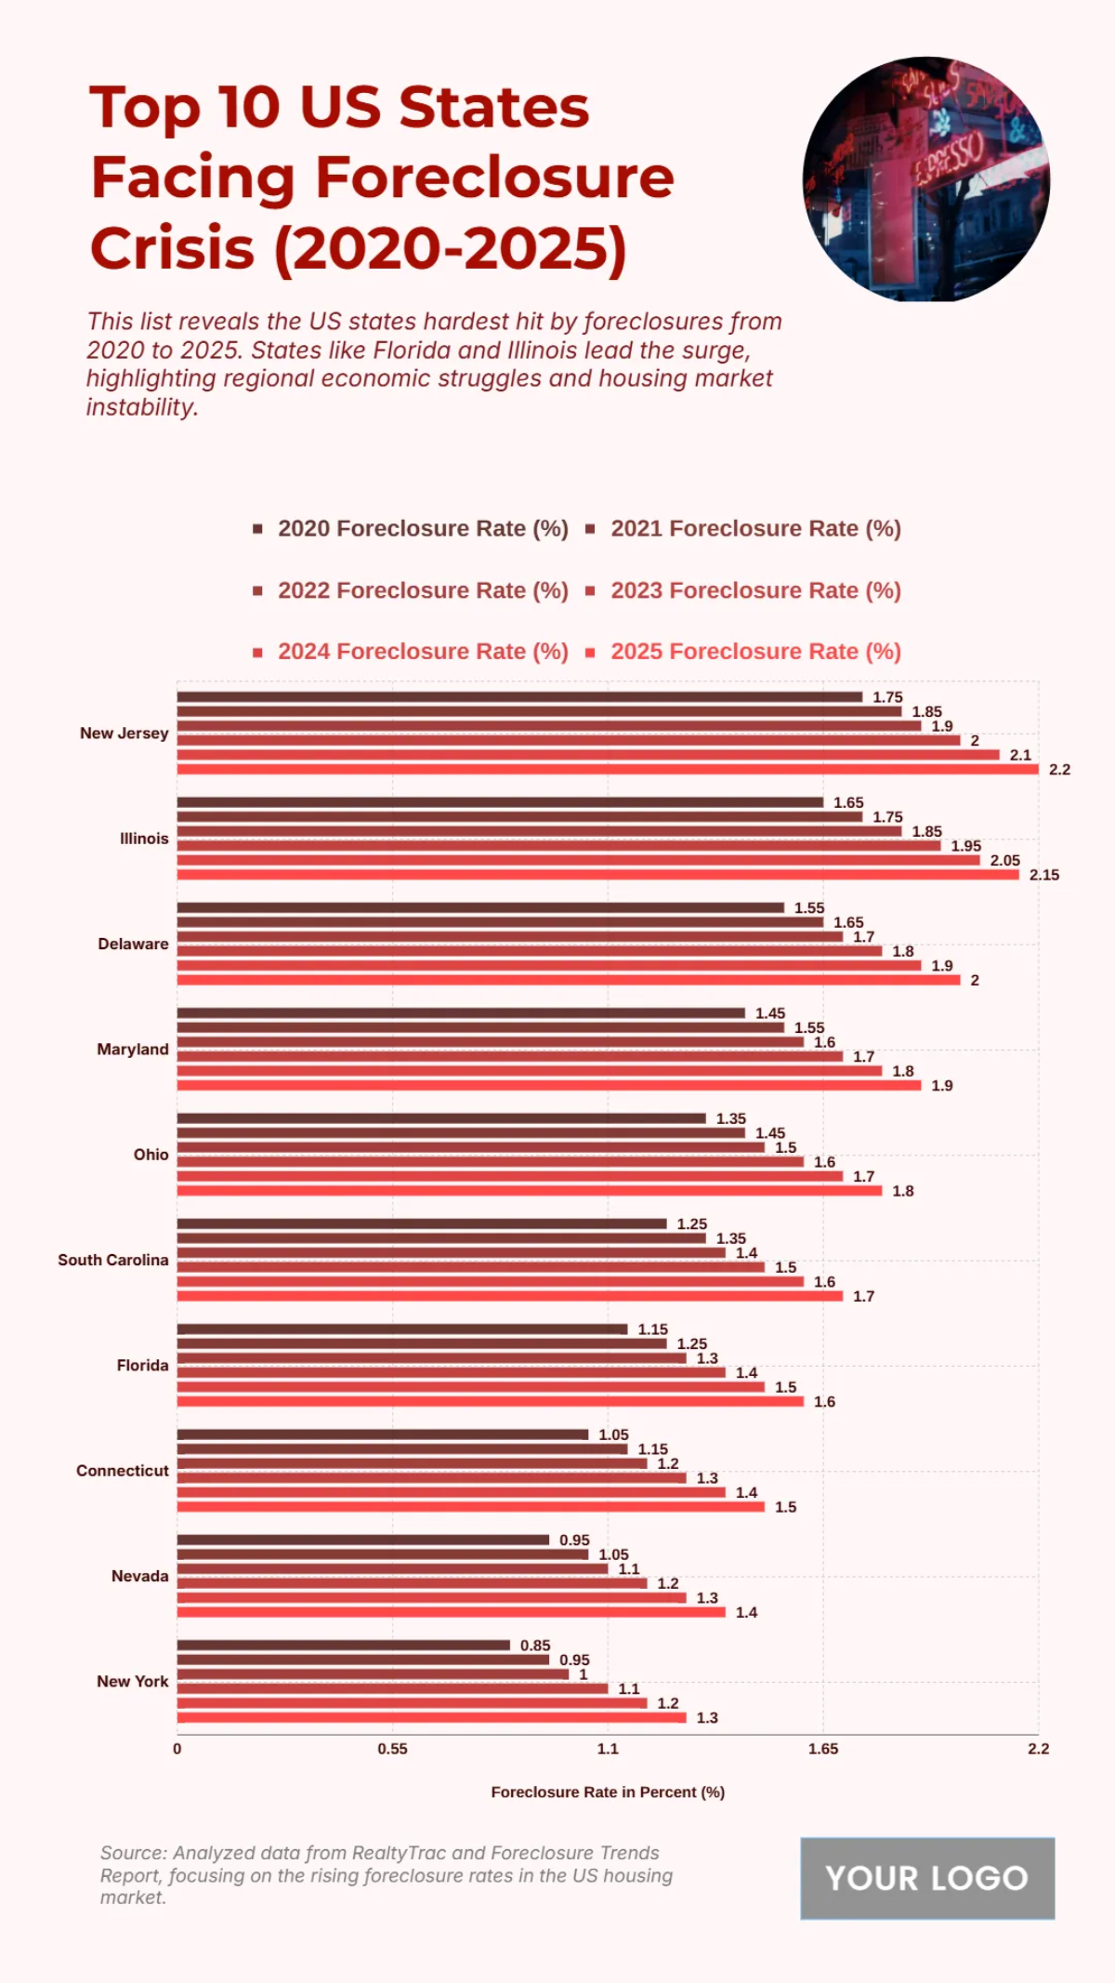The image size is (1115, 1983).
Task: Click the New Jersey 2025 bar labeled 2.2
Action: tap(608, 769)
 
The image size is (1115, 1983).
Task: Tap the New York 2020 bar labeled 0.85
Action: tap(344, 1645)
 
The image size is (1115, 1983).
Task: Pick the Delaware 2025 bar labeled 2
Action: tap(569, 980)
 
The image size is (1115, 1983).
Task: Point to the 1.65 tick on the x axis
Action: tap(822, 1749)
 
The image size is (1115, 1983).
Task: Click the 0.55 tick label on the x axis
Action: tap(392, 1749)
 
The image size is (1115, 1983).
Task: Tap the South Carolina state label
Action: tap(113, 1260)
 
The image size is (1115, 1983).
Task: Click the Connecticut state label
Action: tap(123, 1471)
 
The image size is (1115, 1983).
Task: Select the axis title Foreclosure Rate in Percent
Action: tap(608, 1791)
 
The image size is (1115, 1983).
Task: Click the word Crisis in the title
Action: tap(172, 249)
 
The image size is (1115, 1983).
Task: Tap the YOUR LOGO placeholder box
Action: tap(927, 1878)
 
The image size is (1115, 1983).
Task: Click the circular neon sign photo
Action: tap(926, 179)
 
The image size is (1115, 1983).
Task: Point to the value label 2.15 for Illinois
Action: tap(1043, 875)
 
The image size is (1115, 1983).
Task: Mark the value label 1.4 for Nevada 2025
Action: tap(746, 1612)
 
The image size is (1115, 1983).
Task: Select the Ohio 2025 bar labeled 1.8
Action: tap(530, 1190)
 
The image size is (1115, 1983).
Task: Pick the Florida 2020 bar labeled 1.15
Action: tap(402, 1329)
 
